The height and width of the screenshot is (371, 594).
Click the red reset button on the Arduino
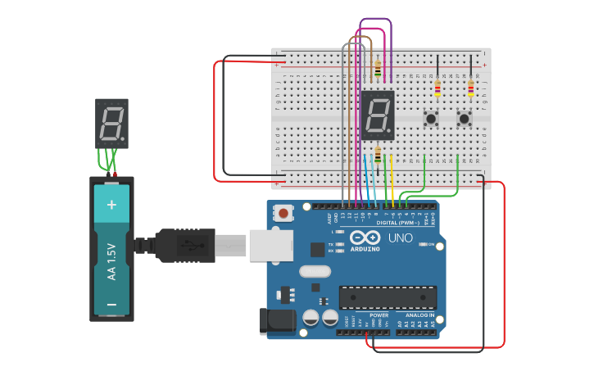(x=283, y=213)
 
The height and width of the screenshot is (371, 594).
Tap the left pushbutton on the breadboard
(x=430, y=119)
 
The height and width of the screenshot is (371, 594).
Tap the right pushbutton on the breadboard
(x=464, y=119)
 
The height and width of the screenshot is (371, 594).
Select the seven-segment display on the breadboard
(x=378, y=115)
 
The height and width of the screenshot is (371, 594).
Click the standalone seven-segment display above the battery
(x=111, y=123)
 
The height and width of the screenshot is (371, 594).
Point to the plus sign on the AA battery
(x=112, y=203)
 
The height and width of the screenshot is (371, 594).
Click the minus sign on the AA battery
(x=112, y=305)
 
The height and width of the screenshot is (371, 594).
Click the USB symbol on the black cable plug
(x=187, y=245)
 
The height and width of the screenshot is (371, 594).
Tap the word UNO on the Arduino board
(x=400, y=238)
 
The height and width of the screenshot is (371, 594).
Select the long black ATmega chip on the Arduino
(x=388, y=297)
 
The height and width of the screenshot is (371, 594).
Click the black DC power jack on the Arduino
(x=277, y=321)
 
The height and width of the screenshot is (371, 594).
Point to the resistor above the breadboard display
(x=378, y=70)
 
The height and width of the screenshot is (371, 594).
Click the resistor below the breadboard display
(x=378, y=154)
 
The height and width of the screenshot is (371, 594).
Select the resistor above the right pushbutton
(x=470, y=88)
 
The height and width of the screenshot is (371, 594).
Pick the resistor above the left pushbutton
(x=438, y=88)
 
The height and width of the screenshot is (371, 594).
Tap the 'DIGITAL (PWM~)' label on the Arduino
(x=397, y=223)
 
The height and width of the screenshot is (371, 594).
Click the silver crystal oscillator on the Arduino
(x=315, y=271)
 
